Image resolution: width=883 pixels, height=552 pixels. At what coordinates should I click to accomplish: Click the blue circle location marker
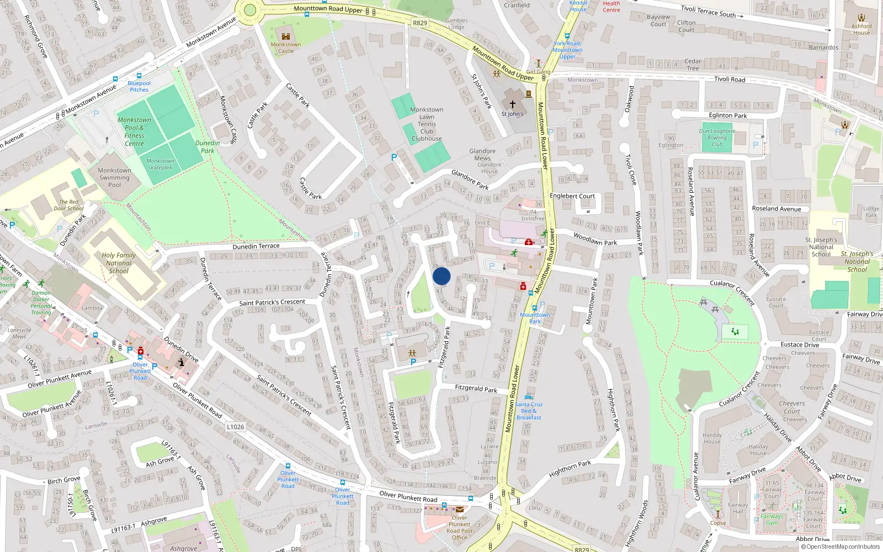coord(441,276)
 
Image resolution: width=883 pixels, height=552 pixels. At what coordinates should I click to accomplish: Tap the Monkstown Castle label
coord(285,47)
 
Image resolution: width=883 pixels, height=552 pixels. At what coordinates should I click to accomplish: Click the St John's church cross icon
coord(512,104)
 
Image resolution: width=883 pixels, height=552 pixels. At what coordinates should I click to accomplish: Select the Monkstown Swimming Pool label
coord(114,178)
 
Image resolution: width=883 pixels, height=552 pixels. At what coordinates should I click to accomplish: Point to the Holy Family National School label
coord(119,263)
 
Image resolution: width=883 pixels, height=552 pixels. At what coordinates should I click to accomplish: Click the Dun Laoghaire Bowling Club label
coord(717,137)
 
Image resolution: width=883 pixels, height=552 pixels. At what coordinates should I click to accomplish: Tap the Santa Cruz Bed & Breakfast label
coord(529,411)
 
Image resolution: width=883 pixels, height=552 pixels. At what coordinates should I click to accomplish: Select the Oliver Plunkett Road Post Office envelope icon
coord(460,509)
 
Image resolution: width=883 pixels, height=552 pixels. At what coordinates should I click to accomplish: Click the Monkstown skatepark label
coord(160,164)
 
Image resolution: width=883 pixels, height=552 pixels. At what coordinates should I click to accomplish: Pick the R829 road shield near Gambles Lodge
coord(420,23)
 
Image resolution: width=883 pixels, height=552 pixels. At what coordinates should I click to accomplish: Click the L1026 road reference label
coord(235,427)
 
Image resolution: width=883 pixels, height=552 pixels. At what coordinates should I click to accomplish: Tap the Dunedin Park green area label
coord(208,146)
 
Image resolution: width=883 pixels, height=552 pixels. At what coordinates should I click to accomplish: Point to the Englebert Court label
coord(572,196)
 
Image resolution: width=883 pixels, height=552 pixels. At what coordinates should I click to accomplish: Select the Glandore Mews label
coord(482,155)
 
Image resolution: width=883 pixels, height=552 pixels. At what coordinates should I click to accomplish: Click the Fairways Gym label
coord(772,519)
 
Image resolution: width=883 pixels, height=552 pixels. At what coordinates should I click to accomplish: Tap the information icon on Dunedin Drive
coord(181,362)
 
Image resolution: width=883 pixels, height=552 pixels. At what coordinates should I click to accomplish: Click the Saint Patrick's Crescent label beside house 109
coord(272,302)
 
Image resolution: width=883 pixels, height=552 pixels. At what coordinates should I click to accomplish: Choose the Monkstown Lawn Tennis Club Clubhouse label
coord(427,124)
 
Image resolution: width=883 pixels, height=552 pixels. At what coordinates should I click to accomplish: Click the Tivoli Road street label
coord(730,79)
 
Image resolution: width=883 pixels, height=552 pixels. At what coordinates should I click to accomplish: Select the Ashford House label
coord(861,29)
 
